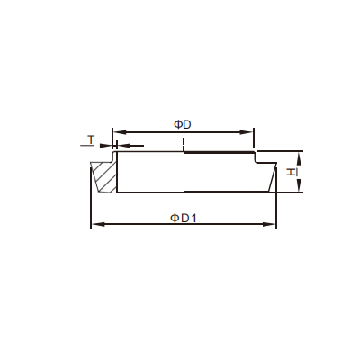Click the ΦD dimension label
click(183, 124)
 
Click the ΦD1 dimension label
click(184, 218)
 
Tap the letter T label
click(91, 139)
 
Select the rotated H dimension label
click(291, 172)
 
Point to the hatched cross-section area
click(105, 177)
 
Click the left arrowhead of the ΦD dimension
click(119, 132)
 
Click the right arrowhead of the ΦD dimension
click(247, 132)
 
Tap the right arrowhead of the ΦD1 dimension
click(269, 224)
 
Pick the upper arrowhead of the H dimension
click(299, 158)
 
